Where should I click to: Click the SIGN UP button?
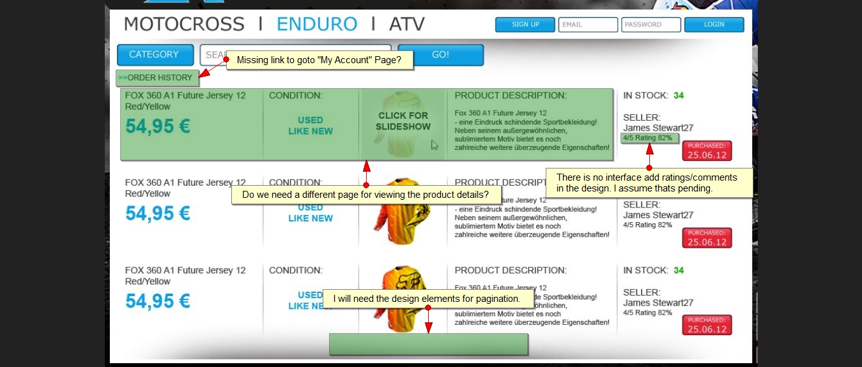pyautogui.click(x=525, y=25)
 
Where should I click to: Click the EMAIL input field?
pyautogui.click(x=588, y=25)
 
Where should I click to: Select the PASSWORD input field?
pyautogui.click(x=650, y=25)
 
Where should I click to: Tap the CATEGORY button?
pyautogui.click(x=155, y=55)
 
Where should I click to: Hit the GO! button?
pyautogui.click(x=440, y=55)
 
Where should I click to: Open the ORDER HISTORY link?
pyautogui.click(x=157, y=78)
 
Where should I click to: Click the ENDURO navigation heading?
pyautogui.click(x=317, y=24)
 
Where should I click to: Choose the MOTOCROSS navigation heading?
pyautogui.click(x=184, y=24)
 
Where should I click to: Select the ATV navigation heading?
pyautogui.click(x=407, y=24)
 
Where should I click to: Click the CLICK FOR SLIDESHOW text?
pyautogui.click(x=403, y=121)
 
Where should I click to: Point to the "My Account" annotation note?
pyautogui.click(x=319, y=60)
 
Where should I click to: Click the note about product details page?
pyautogui.click(x=366, y=195)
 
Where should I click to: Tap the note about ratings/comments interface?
pyautogui.click(x=649, y=183)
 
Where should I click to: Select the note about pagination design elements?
pyautogui.click(x=427, y=299)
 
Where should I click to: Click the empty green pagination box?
pyautogui.click(x=428, y=344)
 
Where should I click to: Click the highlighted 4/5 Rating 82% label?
pyautogui.click(x=649, y=138)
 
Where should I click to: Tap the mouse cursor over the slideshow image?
pyautogui.click(x=435, y=145)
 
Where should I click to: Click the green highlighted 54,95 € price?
pyautogui.click(x=158, y=126)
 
